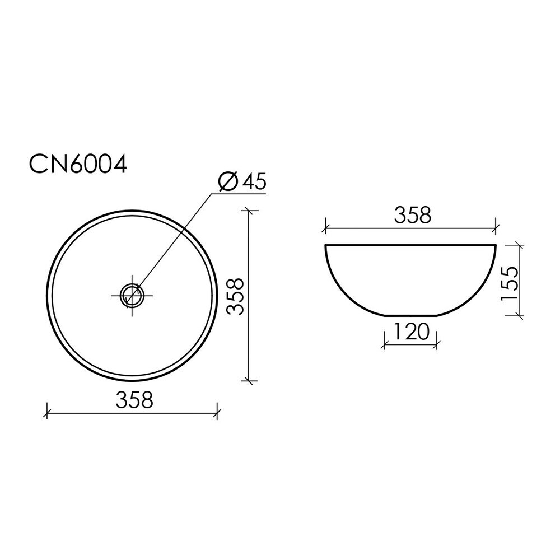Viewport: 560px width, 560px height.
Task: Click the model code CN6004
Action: pos(78,164)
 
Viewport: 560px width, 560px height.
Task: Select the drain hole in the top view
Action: pos(132,296)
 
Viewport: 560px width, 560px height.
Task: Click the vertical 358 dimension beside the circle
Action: pos(235,296)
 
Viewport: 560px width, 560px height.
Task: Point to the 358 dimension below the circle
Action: pos(134,400)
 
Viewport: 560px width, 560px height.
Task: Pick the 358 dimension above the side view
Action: pos(413,216)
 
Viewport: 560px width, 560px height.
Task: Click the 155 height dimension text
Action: pos(509,283)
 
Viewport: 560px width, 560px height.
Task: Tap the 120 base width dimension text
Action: pos(410,332)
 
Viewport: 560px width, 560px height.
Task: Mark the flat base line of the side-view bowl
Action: pos(410,316)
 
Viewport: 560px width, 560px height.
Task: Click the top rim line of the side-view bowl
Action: pos(410,245)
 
